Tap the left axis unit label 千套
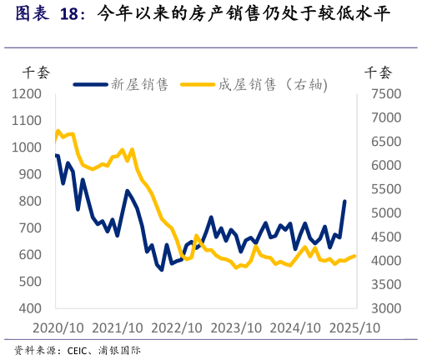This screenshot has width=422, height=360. (36, 72)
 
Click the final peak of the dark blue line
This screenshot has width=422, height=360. (344, 201)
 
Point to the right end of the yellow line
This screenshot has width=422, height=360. (355, 256)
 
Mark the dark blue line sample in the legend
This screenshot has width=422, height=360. (91, 84)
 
